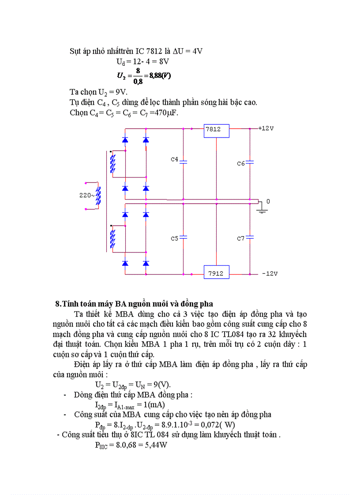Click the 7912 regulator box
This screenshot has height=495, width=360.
[216, 273]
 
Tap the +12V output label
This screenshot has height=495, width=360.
[266, 128]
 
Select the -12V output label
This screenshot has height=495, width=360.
[270, 274]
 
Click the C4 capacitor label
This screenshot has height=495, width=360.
[175, 159]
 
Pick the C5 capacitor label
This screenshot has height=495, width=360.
[175, 238]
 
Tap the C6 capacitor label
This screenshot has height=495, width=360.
[241, 163]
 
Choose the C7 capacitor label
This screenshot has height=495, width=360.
[241, 238]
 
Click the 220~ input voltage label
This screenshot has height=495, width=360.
[87, 195]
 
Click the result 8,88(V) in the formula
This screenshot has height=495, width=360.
[160, 76]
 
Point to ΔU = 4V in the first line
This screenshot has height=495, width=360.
[186, 51]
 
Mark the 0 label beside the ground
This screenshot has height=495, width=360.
[268, 201]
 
